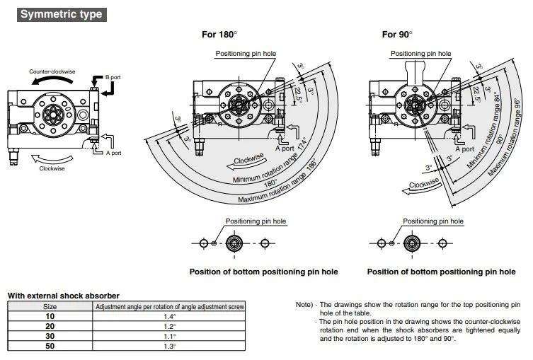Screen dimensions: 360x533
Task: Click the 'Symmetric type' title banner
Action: click(x=62, y=13)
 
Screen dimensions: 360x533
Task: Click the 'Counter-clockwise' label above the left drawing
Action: click(x=52, y=72)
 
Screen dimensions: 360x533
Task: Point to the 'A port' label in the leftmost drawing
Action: click(x=113, y=153)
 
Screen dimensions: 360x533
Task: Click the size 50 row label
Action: click(x=50, y=347)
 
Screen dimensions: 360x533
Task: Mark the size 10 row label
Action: click(x=50, y=316)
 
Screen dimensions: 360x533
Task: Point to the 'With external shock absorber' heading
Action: click(x=63, y=295)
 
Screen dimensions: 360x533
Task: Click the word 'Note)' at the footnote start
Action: click(x=304, y=305)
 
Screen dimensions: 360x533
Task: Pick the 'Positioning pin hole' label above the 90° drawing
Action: click(x=420, y=54)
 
